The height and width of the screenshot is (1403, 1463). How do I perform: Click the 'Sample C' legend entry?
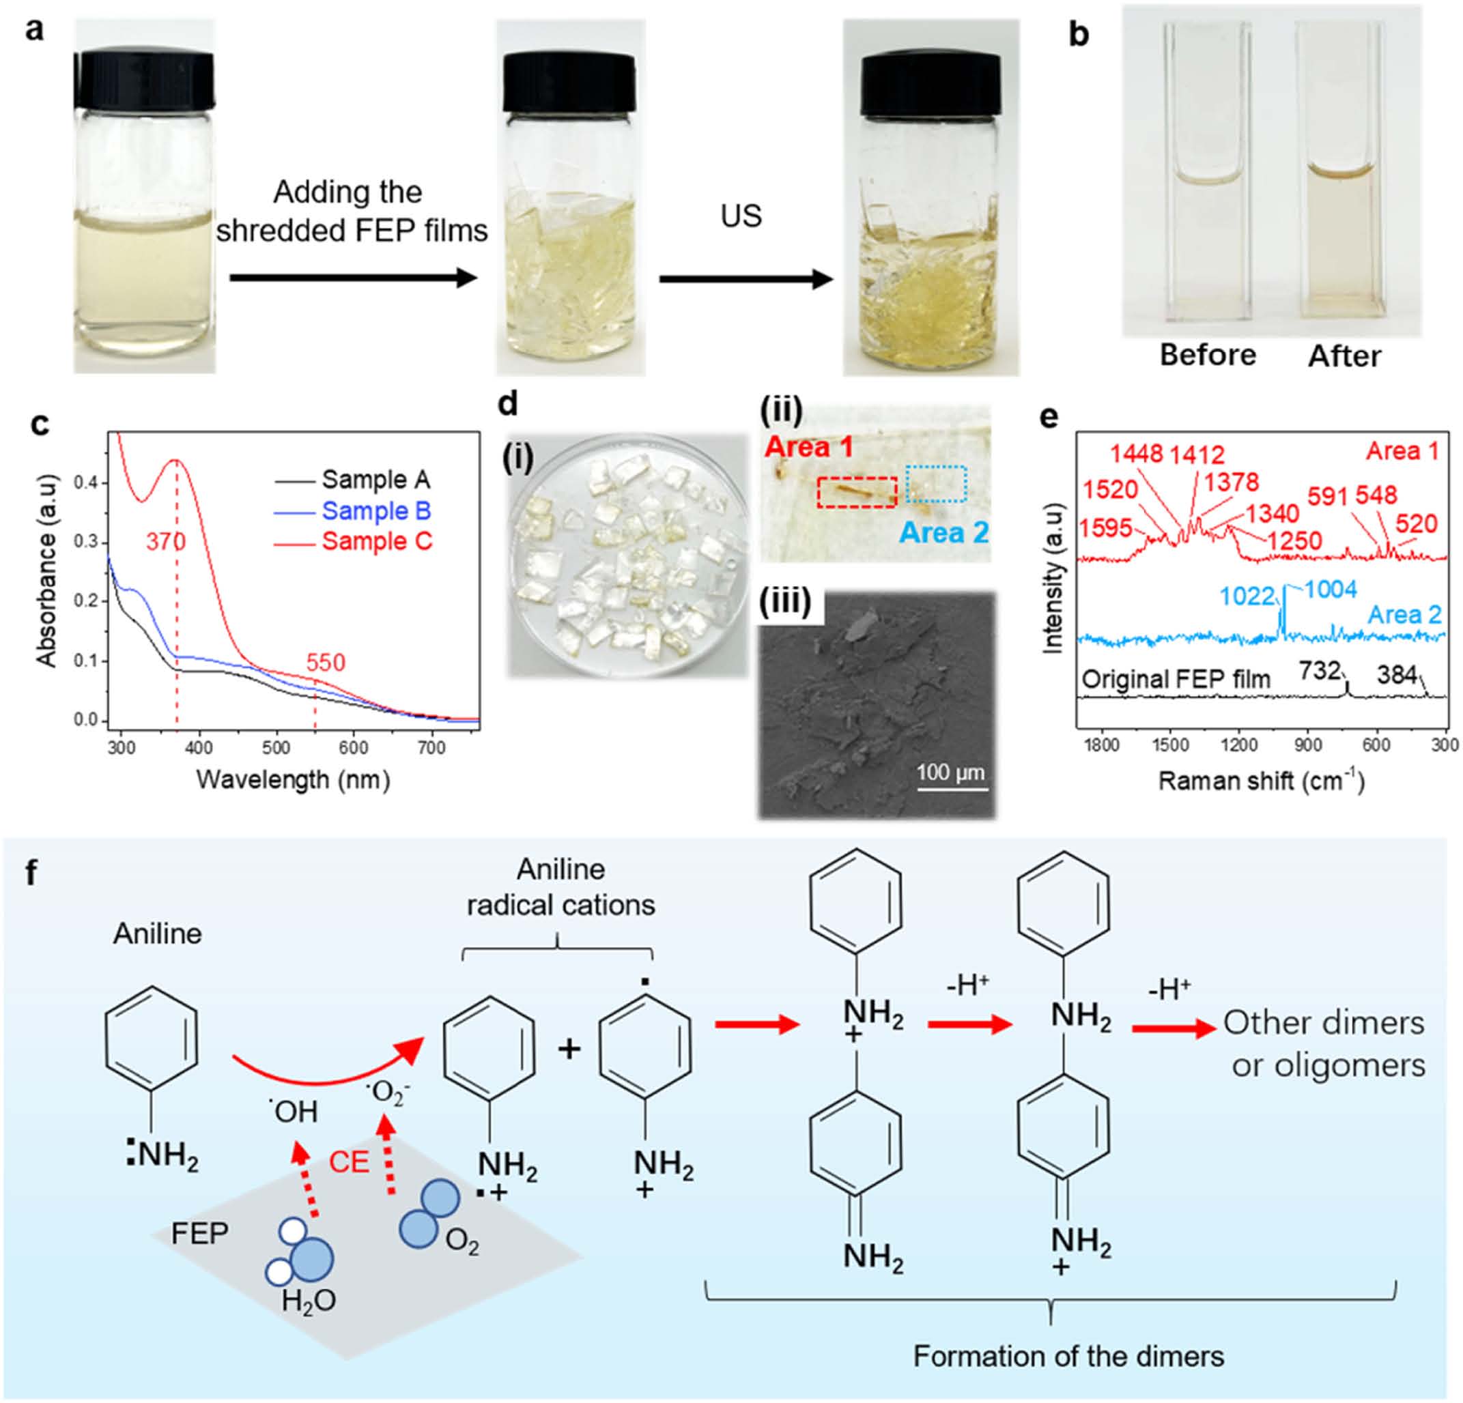377,541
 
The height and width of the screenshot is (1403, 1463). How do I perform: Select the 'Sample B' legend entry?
376,511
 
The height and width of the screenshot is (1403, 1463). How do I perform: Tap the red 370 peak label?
166,540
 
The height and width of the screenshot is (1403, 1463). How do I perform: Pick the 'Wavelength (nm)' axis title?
294,780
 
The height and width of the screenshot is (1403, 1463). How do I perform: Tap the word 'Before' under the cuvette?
1208,356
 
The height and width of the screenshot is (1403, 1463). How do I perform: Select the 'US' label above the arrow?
741,216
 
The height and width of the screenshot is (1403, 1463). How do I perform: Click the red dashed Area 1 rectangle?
857,493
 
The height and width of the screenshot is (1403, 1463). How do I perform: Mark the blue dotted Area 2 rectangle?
936,484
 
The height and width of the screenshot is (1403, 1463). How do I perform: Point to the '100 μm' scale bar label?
950,772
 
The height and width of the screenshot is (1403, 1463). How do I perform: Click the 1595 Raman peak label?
1105,527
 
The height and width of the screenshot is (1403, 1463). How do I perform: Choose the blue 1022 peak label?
1247,596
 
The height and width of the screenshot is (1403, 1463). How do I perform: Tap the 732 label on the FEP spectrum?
1319,671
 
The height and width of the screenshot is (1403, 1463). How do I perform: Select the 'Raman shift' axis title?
1261,781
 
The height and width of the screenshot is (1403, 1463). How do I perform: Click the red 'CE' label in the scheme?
350,1163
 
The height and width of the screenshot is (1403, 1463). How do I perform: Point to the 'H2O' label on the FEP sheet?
309,1301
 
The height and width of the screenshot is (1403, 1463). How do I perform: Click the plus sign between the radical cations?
569,1050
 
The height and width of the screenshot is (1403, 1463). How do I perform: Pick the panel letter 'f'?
31,873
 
